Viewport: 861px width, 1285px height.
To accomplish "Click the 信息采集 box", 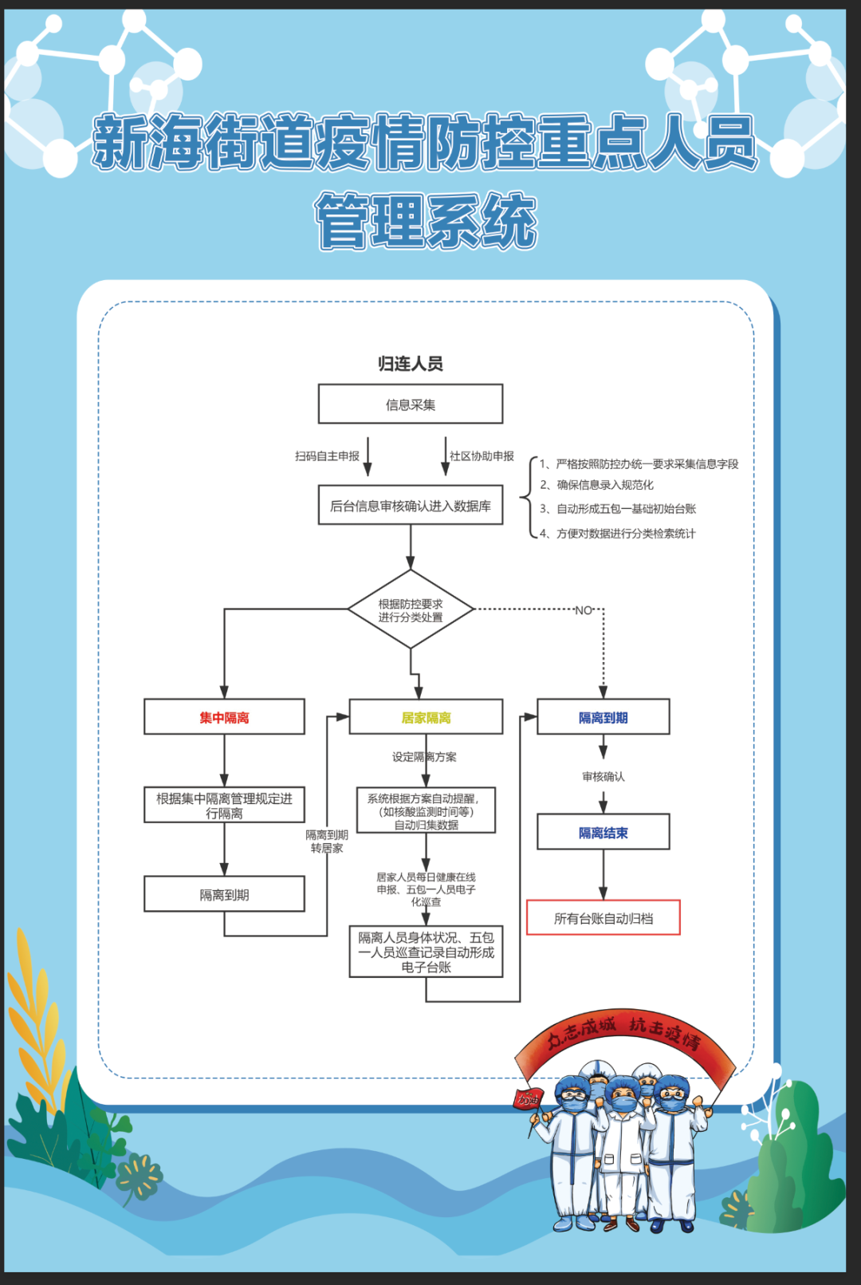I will (x=411, y=404).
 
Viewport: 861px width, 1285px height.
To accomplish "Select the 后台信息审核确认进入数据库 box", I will (x=411, y=506).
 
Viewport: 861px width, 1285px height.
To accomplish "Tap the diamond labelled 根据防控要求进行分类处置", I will (x=411, y=610).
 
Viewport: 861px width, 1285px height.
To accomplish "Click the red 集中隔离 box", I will (x=224, y=718).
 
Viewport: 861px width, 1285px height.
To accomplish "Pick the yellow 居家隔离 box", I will (x=426, y=718).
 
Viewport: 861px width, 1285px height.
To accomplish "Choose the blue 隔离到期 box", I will (x=603, y=718).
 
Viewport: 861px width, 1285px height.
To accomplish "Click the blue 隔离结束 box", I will (x=603, y=833).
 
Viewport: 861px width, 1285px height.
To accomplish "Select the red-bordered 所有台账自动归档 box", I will (x=603, y=918).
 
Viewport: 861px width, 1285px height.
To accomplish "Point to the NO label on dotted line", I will (x=584, y=610).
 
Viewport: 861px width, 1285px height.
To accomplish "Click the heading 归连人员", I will (x=411, y=364).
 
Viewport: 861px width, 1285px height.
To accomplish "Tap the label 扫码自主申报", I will (x=327, y=456).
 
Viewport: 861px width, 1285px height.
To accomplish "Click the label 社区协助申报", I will (x=482, y=456).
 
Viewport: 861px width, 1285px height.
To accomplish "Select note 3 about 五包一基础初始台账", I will (x=618, y=509).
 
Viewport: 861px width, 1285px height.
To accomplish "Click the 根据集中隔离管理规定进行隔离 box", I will (x=224, y=806).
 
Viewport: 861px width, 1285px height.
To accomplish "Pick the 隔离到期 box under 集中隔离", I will (x=224, y=895).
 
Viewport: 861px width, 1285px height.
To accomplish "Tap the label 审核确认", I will (x=603, y=776).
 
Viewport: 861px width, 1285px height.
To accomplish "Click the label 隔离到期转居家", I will (x=327, y=842).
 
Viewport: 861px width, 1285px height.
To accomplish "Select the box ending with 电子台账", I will (x=426, y=952).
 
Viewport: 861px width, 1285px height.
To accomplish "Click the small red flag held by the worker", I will (x=527, y=1099).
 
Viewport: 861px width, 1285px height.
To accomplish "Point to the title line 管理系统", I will (x=427, y=221).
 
